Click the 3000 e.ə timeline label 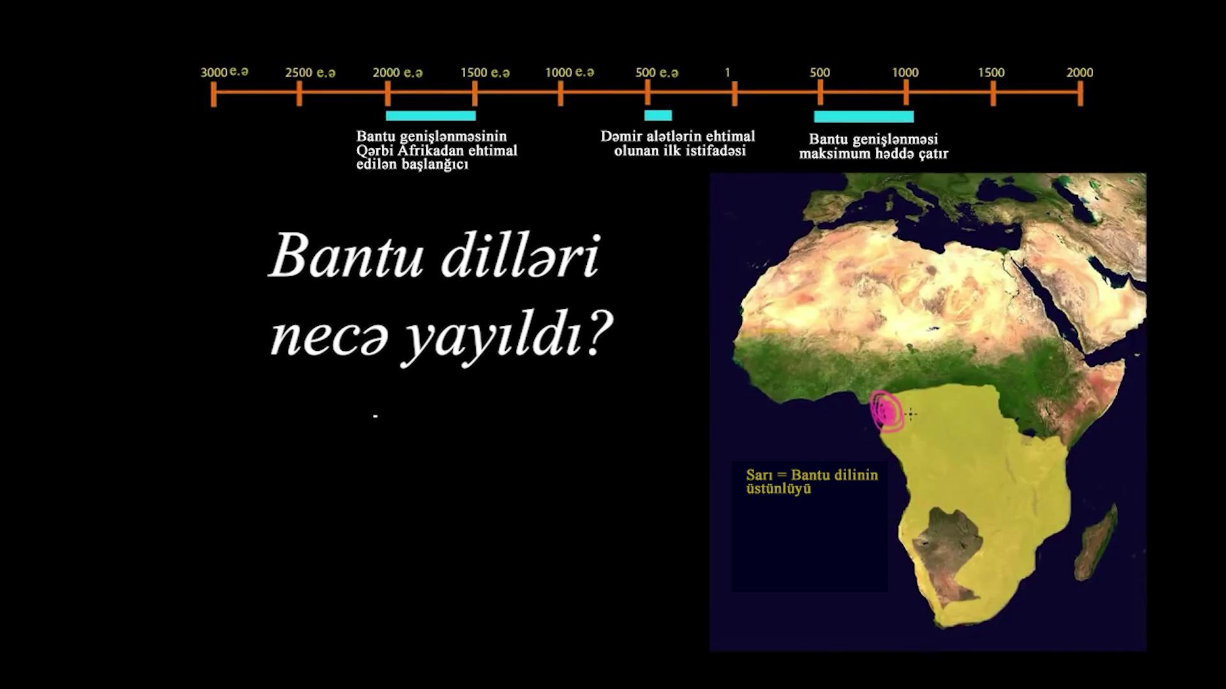tap(225, 71)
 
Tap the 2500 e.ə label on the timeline tap(310, 73)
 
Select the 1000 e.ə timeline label tap(570, 72)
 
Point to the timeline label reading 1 tap(727, 73)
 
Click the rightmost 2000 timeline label tap(1080, 73)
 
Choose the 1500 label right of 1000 tap(991, 73)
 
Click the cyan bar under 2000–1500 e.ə tap(431, 115)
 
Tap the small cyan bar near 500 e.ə tap(658, 115)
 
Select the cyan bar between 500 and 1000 tap(864, 117)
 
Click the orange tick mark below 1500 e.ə tap(474, 93)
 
